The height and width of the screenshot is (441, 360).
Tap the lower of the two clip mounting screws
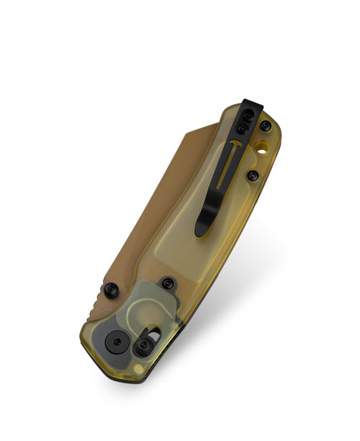tap(243, 129)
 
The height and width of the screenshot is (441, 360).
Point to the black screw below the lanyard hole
tap(252, 175)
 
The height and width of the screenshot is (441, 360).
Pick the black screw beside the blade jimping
tap(111, 290)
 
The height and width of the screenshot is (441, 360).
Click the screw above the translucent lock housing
tap(167, 283)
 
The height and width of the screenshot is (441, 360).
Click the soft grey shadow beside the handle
tap(238, 288)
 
